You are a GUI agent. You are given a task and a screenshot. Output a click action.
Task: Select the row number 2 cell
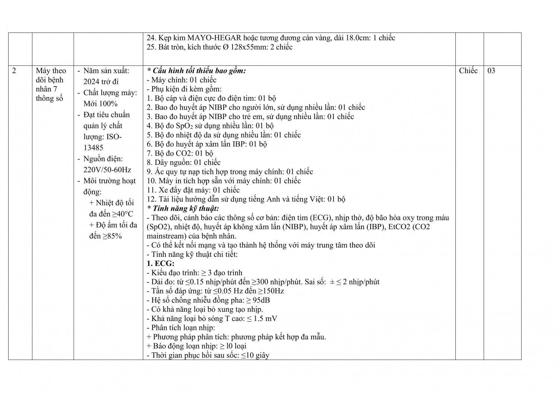pos(14,71)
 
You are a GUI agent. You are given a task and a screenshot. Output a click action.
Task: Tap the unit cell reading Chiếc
pos(468,71)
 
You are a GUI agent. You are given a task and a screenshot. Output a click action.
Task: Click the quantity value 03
pos(491,71)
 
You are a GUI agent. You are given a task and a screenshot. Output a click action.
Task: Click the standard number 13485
pos(94,148)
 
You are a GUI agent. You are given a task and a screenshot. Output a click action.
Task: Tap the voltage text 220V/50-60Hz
pos(107,170)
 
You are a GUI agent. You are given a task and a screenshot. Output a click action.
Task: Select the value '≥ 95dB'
pos(258,300)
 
